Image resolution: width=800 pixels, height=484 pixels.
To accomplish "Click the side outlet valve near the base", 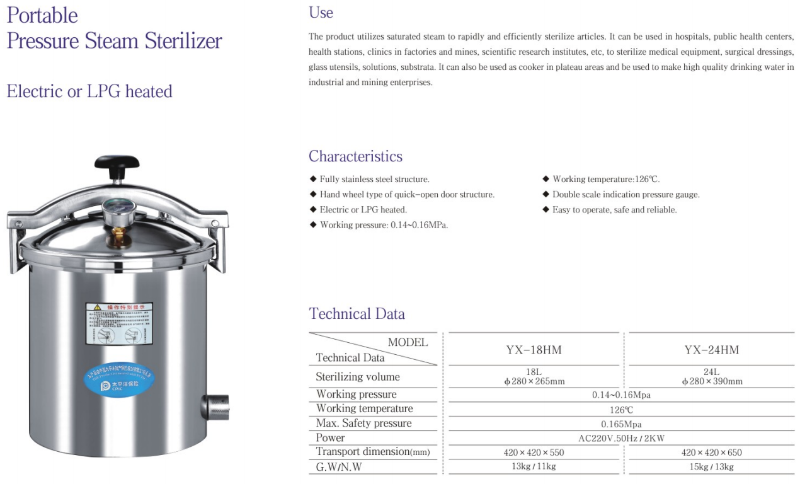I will tap(216, 407).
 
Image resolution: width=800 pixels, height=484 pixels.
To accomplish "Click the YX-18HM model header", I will tap(534, 350).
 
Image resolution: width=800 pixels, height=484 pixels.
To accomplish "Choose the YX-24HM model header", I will tap(711, 350).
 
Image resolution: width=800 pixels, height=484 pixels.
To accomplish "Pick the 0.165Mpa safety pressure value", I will tap(621, 424).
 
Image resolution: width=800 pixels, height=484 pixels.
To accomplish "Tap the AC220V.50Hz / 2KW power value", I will tap(621, 438).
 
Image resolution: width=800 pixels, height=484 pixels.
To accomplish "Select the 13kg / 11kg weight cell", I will tap(534, 466).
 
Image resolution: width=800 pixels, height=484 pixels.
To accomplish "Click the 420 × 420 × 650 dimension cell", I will tap(711, 452).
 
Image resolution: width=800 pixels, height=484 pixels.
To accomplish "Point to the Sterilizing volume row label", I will tap(358, 377).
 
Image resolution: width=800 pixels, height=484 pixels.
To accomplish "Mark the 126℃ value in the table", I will tap(621, 410).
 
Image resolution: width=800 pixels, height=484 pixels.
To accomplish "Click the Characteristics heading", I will tap(355, 156).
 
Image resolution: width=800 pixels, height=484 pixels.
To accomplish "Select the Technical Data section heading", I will tap(357, 314).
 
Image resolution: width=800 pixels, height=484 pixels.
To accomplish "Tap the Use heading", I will tap(321, 13).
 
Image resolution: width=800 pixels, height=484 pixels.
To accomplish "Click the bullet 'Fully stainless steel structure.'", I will tap(374, 180).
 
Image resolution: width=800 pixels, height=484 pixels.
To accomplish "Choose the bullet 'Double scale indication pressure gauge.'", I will tap(626, 195).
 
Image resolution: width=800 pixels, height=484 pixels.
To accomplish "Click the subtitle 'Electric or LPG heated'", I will tap(89, 91).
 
